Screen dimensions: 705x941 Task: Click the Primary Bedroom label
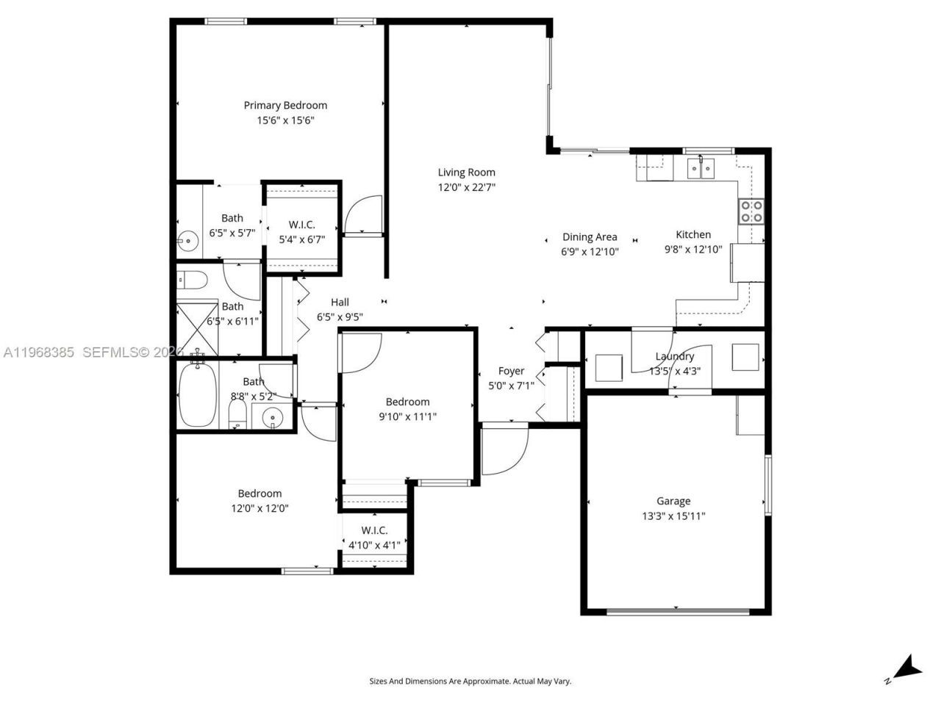pos(285,105)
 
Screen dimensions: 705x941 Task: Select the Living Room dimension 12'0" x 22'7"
pos(466,187)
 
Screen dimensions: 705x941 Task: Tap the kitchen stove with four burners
pos(751,211)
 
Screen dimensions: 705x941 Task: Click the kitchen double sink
pos(700,169)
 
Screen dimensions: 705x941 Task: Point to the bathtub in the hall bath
pos(197,393)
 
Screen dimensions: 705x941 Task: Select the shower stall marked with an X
pos(198,328)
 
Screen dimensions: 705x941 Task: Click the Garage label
pos(673,501)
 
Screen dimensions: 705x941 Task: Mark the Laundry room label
pos(674,356)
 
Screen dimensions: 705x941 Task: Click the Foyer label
pos(511,371)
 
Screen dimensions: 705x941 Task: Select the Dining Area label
pos(590,236)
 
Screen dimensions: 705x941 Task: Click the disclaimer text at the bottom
pos(470,681)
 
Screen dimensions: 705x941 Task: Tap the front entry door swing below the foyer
pos(504,449)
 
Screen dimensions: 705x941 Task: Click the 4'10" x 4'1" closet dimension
pos(374,545)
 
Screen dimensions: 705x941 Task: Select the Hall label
pos(340,302)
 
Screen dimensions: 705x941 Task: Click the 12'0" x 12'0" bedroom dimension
pos(259,507)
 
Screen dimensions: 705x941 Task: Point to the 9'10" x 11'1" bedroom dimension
pos(407,416)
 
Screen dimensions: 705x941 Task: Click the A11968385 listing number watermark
pos(38,352)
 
